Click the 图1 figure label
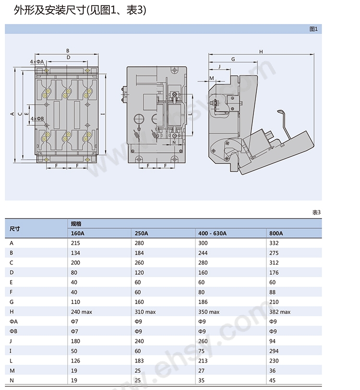click(x=313, y=29)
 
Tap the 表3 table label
click(x=316, y=212)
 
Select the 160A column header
click(x=78, y=233)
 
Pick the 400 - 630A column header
click(x=212, y=233)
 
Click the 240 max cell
click(x=81, y=312)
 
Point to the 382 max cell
click(x=280, y=312)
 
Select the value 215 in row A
click(x=75, y=243)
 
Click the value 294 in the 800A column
click(x=275, y=351)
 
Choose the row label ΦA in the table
click(x=13, y=321)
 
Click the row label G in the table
click(x=12, y=302)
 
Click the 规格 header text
click(x=76, y=224)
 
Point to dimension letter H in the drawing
click(x=261, y=52)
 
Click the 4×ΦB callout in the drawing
click(x=37, y=118)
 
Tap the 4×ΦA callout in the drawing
click(x=36, y=62)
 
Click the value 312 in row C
click(x=275, y=263)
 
